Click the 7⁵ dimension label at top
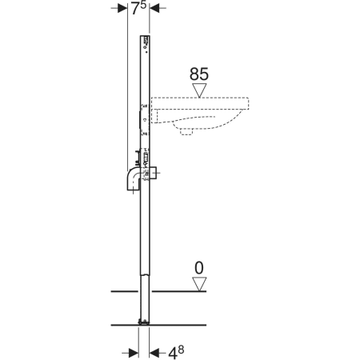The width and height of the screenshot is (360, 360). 138,8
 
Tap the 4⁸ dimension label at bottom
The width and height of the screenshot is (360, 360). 176,353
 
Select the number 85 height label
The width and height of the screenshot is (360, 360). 199,74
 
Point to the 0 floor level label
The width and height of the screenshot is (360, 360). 199,268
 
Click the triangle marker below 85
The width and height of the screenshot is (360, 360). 199,90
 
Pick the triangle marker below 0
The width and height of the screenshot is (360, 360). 199,283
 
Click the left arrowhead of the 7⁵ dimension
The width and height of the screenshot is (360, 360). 122,8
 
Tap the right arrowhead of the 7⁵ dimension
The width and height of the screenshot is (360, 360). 154,8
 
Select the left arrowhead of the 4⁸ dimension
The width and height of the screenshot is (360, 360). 134,353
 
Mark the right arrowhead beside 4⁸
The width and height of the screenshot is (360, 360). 154,353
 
